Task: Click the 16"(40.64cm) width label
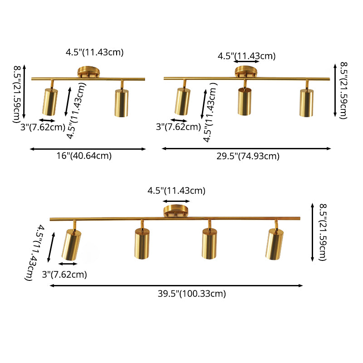point(84,156)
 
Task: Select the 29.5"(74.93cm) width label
point(248,156)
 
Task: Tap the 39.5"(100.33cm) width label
point(191,294)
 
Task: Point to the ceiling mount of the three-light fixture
point(246,72)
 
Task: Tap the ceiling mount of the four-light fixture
point(176,211)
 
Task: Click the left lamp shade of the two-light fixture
point(50,102)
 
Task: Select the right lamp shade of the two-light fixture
point(122,103)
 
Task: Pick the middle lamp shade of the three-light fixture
point(245,101)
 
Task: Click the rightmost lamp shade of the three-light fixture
point(307,103)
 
